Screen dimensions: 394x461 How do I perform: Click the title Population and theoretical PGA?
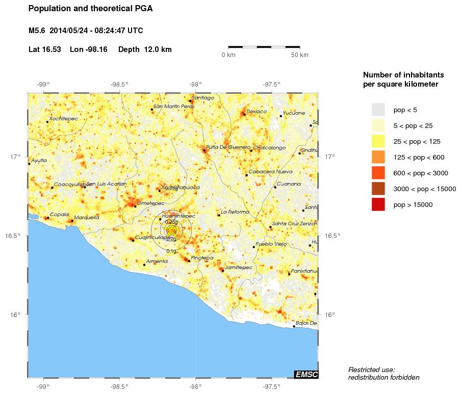click(x=90, y=9)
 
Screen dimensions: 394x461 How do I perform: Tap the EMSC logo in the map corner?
click(x=306, y=375)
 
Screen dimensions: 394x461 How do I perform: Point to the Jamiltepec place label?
click(x=238, y=267)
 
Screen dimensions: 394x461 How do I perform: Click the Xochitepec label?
click(x=63, y=118)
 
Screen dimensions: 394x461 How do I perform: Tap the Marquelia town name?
click(x=87, y=218)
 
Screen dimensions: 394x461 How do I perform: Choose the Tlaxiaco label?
click(x=256, y=111)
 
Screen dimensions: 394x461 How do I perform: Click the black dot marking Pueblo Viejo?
click(x=254, y=247)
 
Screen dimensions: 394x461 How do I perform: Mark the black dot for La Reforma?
click(x=219, y=215)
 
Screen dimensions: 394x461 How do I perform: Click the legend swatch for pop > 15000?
click(x=378, y=205)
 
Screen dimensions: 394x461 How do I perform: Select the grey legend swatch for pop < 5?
click(x=378, y=110)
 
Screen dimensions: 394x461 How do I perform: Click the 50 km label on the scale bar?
click(x=299, y=55)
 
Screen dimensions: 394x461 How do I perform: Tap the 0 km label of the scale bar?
click(x=228, y=55)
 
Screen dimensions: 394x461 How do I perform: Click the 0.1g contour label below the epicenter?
click(x=171, y=251)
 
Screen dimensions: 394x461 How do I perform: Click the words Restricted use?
click(x=371, y=370)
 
